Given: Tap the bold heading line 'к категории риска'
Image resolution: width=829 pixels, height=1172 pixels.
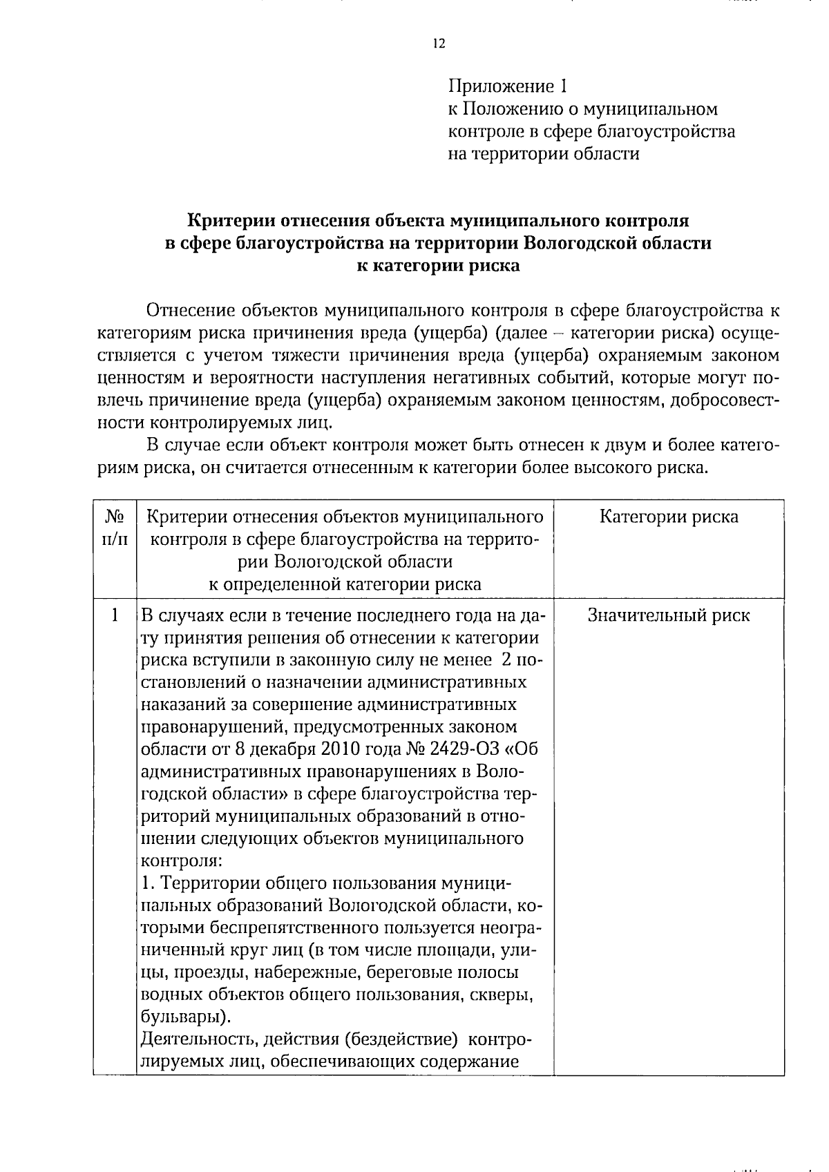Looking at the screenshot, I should point(438,266).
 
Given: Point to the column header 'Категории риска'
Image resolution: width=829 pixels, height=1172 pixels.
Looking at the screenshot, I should point(668,517).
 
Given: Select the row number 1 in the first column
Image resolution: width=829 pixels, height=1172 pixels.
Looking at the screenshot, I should point(115,614).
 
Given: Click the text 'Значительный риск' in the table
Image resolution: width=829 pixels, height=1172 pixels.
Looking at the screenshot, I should point(668,615).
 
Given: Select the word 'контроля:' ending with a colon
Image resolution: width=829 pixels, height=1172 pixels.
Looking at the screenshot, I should point(181,861).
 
